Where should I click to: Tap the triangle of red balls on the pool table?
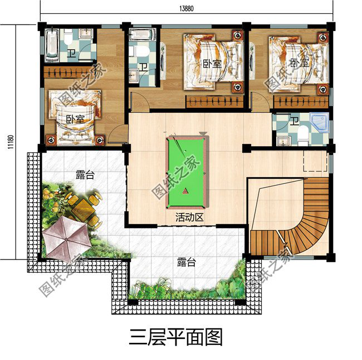[x=185, y=193]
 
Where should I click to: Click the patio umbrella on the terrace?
[x=66, y=234]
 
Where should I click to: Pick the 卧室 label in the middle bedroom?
[x=212, y=64]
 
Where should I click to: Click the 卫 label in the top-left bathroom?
[x=71, y=54]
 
